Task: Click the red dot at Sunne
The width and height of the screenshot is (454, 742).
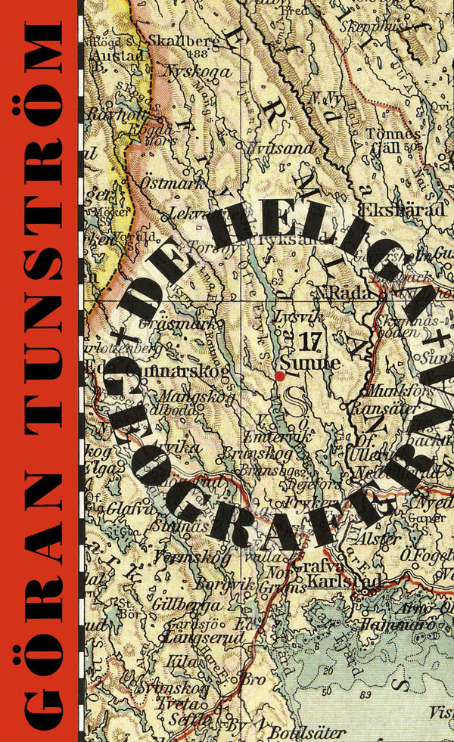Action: (x=280, y=375)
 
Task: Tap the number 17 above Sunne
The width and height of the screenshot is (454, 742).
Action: (x=309, y=342)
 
